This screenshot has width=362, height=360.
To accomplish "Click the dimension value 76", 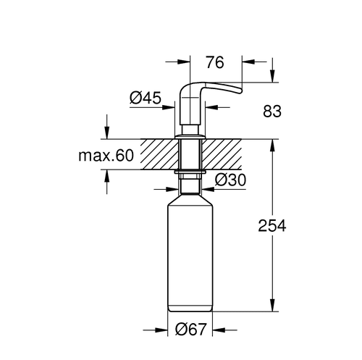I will (215, 62).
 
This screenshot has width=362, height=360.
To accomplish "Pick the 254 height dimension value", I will (273, 227).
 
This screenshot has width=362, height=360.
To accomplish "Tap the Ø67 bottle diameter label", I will (191, 330).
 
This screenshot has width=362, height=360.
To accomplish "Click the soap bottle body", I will (191, 261).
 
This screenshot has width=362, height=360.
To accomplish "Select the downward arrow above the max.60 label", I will (107, 133).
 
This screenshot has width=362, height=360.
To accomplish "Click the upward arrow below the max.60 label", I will (107, 176).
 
